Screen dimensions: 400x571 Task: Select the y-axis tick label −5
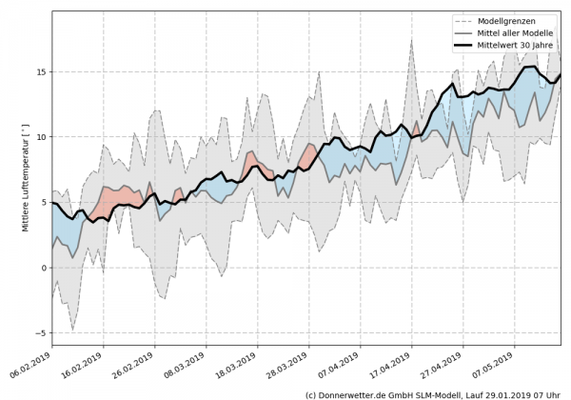[39, 333]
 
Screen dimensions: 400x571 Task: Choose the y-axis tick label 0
[42, 268]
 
